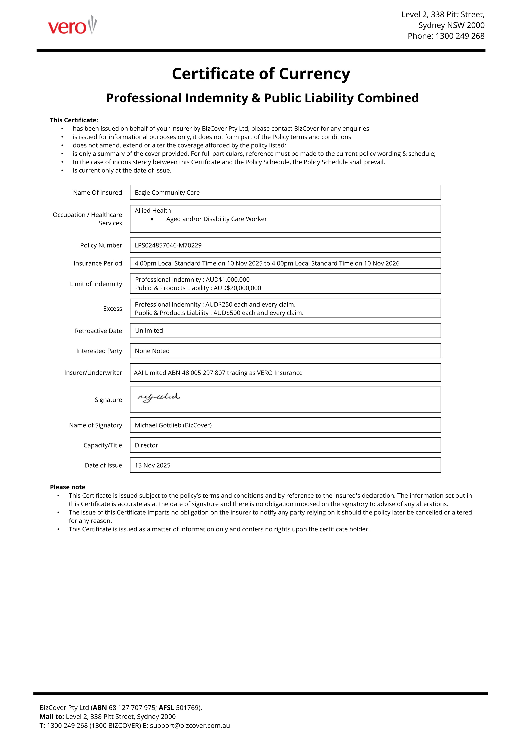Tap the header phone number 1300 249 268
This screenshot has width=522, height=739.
click(x=460, y=36)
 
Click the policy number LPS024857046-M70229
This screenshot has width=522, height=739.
click(x=168, y=245)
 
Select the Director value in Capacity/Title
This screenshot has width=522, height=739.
click(x=146, y=445)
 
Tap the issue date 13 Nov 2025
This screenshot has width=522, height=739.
click(x=152, y=465)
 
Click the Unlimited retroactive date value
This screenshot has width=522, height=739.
click(x=149, y=331)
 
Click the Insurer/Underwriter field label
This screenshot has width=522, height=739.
click(x=93, y=373)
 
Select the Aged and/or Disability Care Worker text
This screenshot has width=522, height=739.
click(x=216, y=219)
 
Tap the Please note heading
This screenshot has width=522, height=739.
click(x=68, y=487)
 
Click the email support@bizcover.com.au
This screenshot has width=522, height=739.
click(x=190, y=726)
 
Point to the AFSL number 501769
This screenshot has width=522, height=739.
click(x=188, y=707)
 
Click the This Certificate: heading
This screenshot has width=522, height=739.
click(x=74, y=120)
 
